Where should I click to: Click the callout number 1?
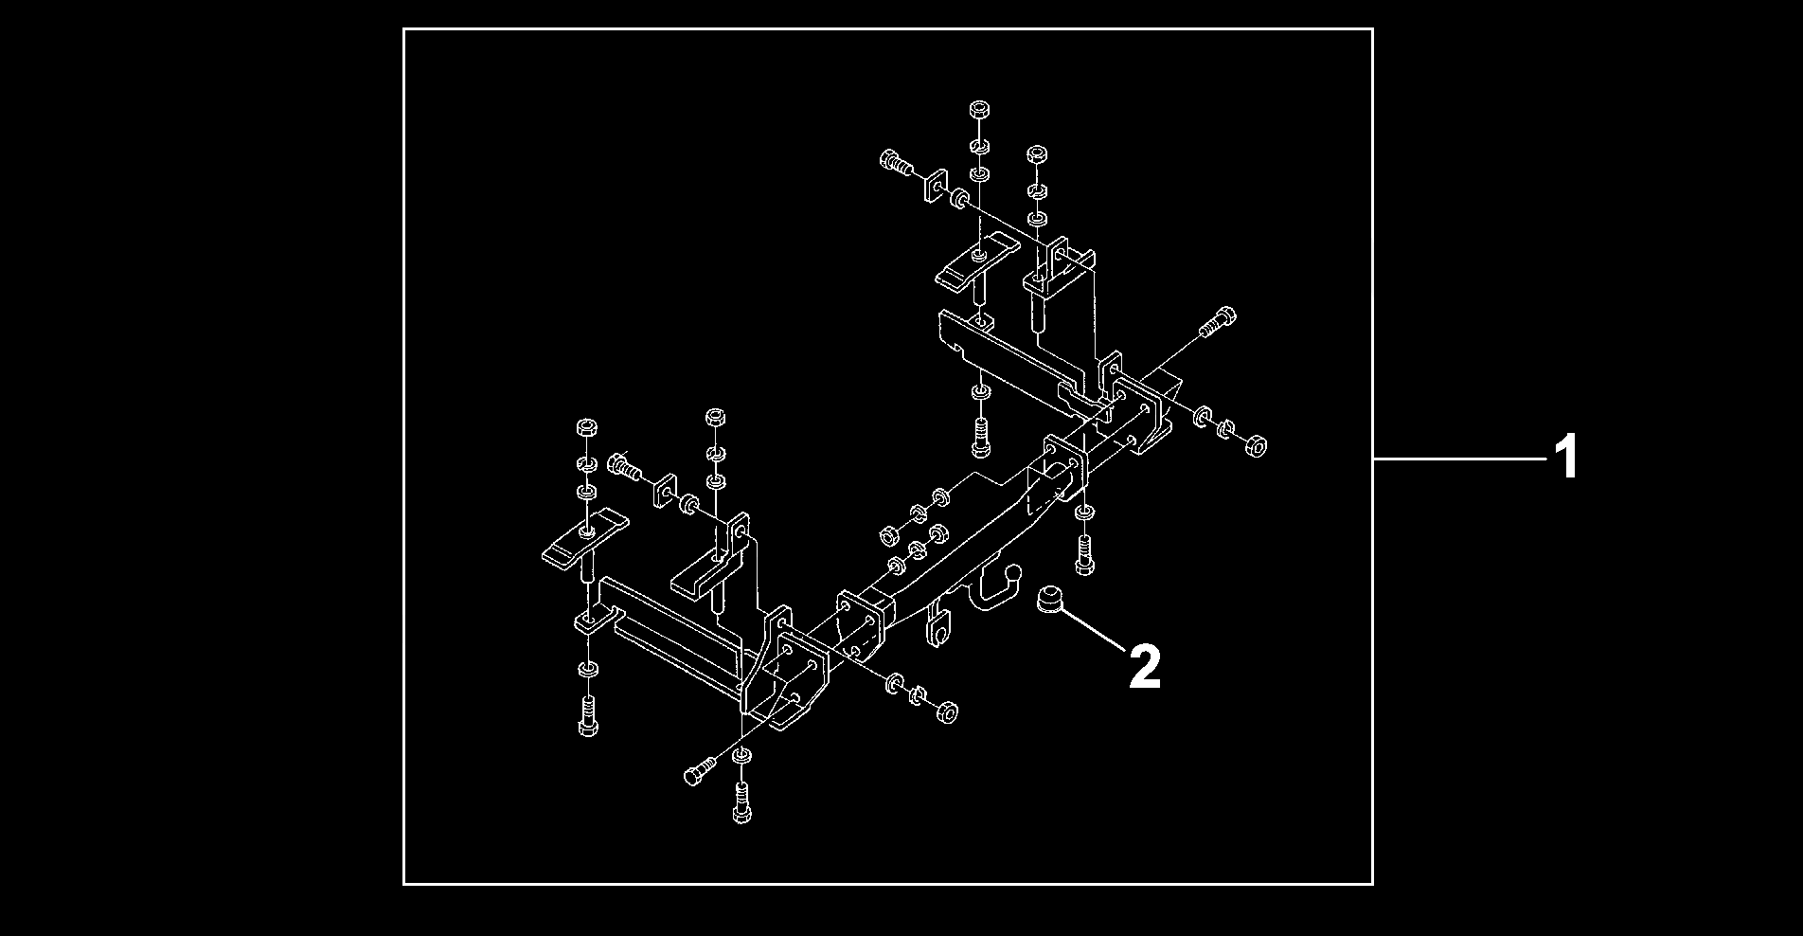point(1568,458)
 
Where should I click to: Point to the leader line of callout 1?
point(1461,459)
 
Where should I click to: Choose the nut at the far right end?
point(1257,443)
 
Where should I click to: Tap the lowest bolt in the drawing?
point(741,805)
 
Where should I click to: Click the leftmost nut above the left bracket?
point(585,428)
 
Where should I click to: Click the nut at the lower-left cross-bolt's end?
point(945,711)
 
